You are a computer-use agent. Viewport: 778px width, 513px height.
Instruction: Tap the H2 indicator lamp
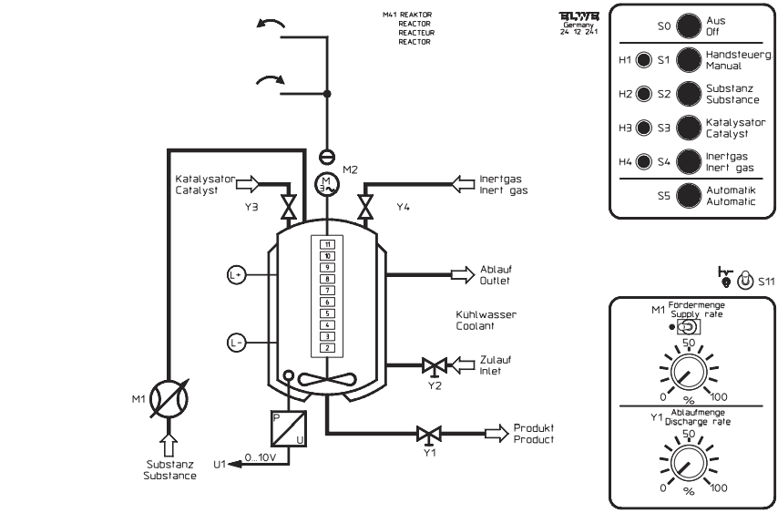coord(644,94)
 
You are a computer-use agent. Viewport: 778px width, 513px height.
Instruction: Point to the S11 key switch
coord(744,281)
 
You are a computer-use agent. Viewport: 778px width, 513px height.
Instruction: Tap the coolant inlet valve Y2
coord(433,366)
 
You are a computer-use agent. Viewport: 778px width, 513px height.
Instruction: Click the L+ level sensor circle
coord(236,273)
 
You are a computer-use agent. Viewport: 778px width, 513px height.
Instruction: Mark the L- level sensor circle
coord(236,343)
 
